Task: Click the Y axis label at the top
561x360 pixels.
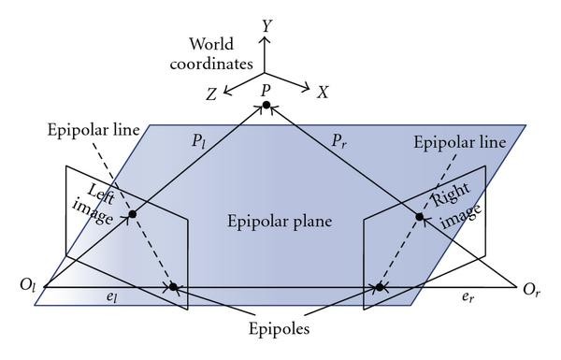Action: (x=267, y=26)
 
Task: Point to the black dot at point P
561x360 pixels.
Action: (x=266, y=105)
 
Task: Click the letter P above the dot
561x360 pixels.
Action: (x=266, y=89)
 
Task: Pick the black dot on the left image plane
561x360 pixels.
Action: (x=133, y=215)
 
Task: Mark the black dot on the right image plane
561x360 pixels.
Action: (x=420, y=217)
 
